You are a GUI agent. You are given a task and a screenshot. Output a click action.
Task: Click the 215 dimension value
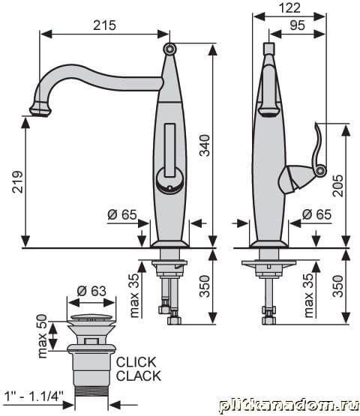(104, 25)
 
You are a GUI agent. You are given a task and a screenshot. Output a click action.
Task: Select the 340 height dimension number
(205, 145)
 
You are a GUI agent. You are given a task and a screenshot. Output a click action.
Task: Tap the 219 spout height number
(18, 181)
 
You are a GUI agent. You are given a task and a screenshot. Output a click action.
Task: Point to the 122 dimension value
(289, 7)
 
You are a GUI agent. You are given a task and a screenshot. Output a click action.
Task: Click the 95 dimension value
(297, 25)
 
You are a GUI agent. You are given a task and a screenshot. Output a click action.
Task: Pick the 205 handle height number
(338, 185)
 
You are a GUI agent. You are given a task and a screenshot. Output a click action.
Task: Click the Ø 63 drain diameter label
(91, 291)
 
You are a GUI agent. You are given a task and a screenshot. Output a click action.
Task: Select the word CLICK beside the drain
(136, 362)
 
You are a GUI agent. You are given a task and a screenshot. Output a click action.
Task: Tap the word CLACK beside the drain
(139, 376)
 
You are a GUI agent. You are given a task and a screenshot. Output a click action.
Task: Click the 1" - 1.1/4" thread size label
(34, 397)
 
